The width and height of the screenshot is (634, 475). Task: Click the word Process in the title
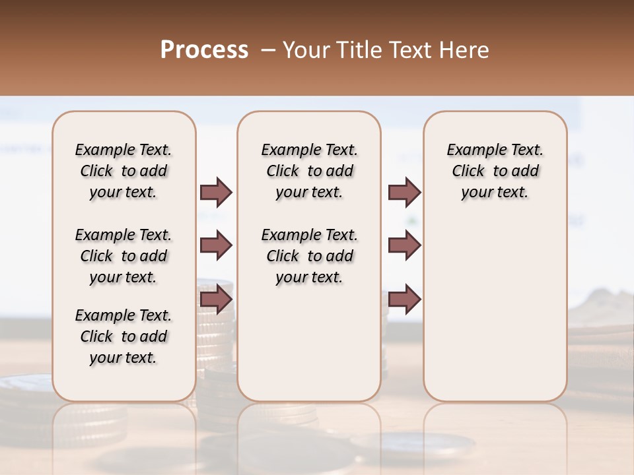(204, 50)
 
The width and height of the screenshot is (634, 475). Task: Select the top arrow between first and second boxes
(216, 192)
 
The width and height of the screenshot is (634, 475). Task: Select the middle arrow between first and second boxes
(216, 246)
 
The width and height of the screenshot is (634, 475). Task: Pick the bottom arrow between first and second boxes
(216, 300)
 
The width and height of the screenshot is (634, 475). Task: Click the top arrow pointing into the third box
(404, 192)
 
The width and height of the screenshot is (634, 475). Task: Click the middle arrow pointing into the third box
(404, 246)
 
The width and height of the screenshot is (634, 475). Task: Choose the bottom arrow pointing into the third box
(404, 300)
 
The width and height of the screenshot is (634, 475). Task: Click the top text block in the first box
(123, 171)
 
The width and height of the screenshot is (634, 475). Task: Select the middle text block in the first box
(123, 256)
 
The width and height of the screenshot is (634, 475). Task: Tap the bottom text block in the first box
(123, 336)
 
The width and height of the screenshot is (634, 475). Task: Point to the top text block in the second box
(309, 171)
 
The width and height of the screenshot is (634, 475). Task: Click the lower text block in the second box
(309, 256)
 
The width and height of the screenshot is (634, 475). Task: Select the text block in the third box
(495, 171)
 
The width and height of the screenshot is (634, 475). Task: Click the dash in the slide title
(268, 50)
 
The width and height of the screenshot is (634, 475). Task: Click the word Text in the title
(409, 50)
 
